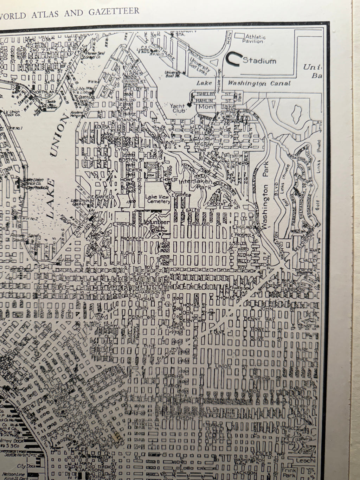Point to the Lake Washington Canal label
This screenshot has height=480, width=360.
pos(243,83)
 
